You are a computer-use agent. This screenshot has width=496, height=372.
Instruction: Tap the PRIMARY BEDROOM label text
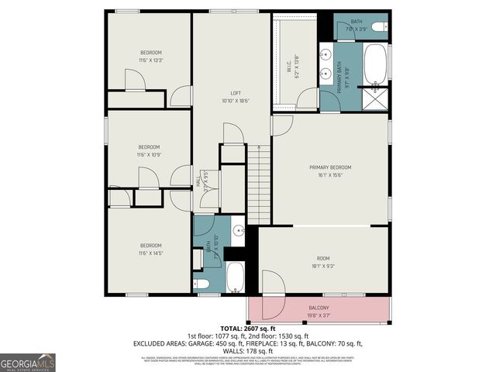(x=331, y=167)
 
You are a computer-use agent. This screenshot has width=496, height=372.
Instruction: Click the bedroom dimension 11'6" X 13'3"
(x=150, y=60)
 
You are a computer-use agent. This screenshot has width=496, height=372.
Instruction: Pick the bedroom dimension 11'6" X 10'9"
(x=149, y=154)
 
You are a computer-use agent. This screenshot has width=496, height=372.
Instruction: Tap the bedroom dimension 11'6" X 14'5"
(x=150, y=253)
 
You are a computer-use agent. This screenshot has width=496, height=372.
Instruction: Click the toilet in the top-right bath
(x=379, y=27)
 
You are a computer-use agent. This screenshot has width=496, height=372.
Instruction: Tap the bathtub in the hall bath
(x=236, y=277)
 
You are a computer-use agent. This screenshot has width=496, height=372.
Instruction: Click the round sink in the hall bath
(x=238, y=230)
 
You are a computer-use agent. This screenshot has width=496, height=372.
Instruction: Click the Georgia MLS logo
(x=28, y=361)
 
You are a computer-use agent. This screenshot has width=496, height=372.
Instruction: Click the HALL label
(x=198, y=181)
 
